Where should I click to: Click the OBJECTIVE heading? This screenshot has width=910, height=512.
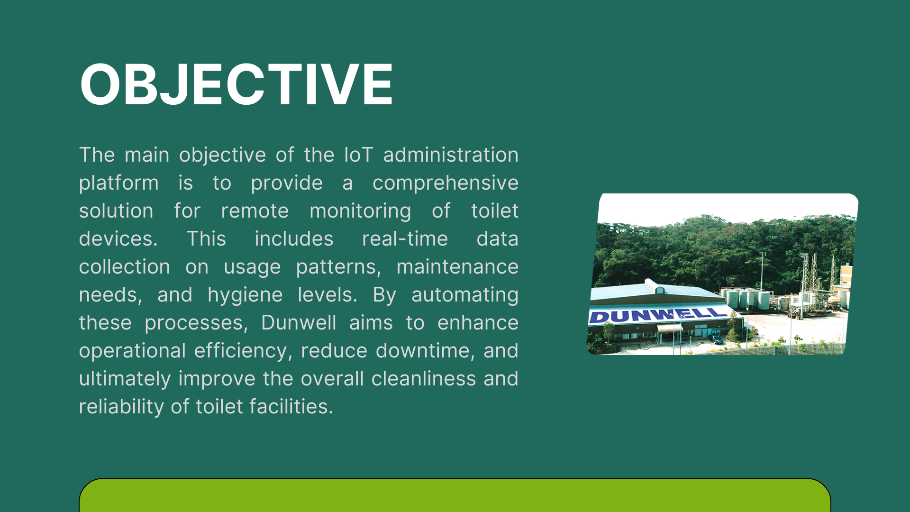(236, 84)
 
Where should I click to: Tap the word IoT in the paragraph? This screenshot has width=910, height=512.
(358, 155)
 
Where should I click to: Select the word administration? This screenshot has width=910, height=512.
(451, 155)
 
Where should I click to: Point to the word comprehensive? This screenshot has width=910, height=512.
(446, 183)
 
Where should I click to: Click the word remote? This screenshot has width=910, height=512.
(255, 211)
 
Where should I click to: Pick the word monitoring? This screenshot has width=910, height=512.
(360, 211)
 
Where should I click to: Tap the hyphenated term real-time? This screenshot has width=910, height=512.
(405, 239)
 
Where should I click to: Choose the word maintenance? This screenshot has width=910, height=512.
(457, 267)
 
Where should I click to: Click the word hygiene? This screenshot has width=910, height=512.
(245, 295)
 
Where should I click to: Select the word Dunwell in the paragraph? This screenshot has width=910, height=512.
(299, 323)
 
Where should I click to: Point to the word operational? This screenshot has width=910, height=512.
(132, 351)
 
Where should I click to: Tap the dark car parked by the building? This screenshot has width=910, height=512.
(716, 339)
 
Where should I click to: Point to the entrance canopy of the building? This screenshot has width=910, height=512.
(670, 328)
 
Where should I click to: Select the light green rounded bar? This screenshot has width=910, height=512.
(455, 495)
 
